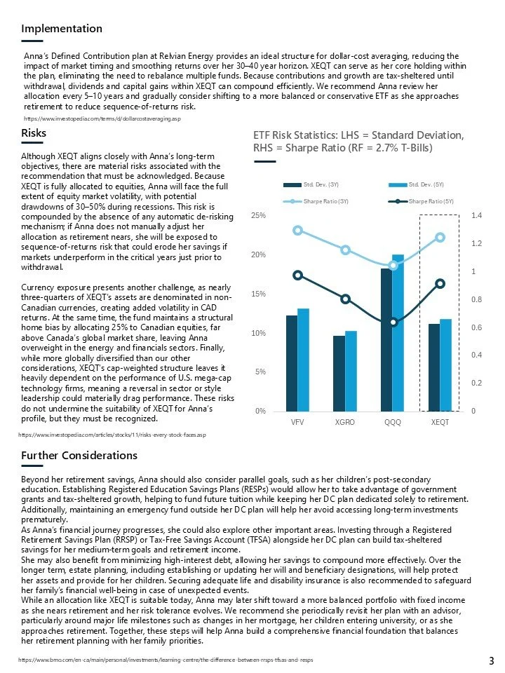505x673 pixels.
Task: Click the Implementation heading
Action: pyautogui.click(x=62, y=29)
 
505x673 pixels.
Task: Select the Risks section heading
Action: pyautogui.click(x=34, y=133)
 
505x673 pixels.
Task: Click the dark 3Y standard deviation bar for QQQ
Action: pyautogui.click(x=386, y=339)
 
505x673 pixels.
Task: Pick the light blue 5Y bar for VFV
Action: pyautogui.click(x=303, y=360)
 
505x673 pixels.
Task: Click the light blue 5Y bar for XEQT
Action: pyautogui.click(x=445, y=365)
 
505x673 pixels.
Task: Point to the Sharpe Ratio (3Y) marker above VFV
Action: pyautogui.click(x=297, y=230)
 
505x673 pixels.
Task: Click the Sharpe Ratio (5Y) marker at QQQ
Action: pyautogui.click(x=393, y=322)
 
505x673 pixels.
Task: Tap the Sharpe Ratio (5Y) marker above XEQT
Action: pyautogui.click(x=440, y=283)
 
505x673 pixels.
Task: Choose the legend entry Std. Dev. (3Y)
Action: pyautogui.click(x=311, y=184)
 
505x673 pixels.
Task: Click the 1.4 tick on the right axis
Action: pyautogui.click(x=476, y=216)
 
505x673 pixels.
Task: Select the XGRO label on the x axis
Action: pyautogui.click(x=344, y=423)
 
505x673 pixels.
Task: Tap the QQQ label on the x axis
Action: pyautogui.click(x=392, y=423)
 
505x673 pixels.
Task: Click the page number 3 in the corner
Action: pyautogui.click(x=491, y=660)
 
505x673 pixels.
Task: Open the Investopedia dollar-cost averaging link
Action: pyautogui.click(x=102, y=120)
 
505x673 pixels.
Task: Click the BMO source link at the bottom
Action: pyautogui.click(x=165, y=660)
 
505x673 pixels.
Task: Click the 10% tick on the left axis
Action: pyautogui.click(x=258, y=333)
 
